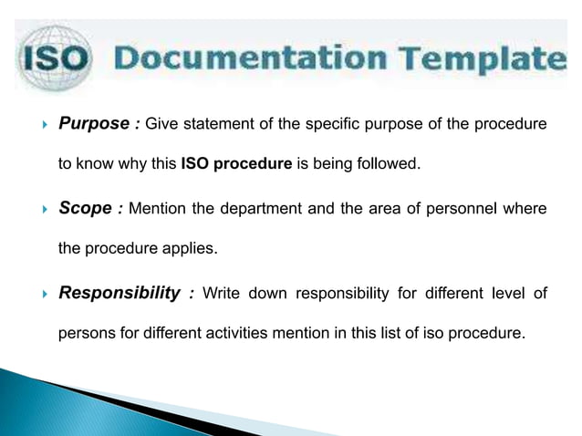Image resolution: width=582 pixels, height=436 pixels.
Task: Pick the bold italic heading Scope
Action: point(87,208)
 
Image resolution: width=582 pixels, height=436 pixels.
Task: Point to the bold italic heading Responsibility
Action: point(119,293)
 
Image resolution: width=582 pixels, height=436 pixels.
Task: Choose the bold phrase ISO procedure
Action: point(236,165)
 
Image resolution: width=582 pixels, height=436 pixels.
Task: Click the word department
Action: point(252,209)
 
